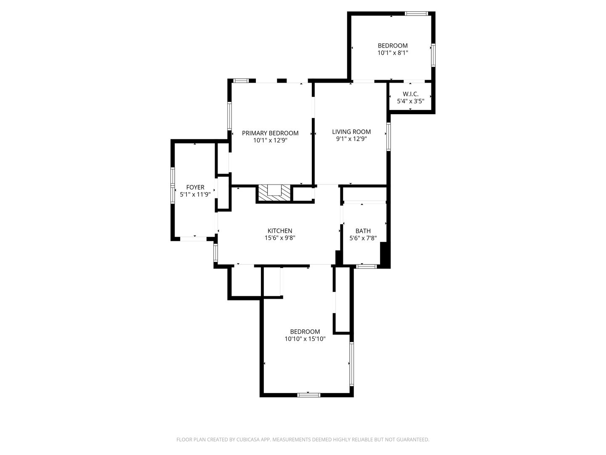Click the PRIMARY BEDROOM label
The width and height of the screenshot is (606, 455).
pyautogui.click(x=270, y=133)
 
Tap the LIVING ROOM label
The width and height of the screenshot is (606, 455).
pyautogui.click(x=351, y=132)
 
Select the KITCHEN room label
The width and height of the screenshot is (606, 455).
pyautogui.click(x=280, y=231)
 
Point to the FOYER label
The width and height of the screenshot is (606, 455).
pyautogui.click(x=195, y=187)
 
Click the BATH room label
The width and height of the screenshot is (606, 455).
pyautogui.click(x=363, y=231)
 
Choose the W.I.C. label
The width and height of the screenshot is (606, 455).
pyautogui.click(x=410, y=94)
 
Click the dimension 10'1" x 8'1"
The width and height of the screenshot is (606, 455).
pyautogui.click(x=393, y=53)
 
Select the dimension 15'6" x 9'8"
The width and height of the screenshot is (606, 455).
pyautogui.click(x=280, y=238)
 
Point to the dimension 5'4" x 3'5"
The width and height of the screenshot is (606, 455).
pyautogui.click(x=410, y=101)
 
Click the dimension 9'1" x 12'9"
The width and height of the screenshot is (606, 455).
pyautogui.click(x=351, y=139)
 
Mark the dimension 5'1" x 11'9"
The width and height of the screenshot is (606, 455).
pyautogui.click(x=195, y=195)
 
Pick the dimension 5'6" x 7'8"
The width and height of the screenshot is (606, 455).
pyautogui.click(x=363, y=238)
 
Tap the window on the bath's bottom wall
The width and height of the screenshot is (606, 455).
pyautogui.click(x=367, y=266)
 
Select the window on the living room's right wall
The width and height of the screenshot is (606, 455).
pyautogui.click(x=388, y=136)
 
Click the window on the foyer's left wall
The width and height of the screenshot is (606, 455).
pyautogui.click(x=173, y=186)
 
